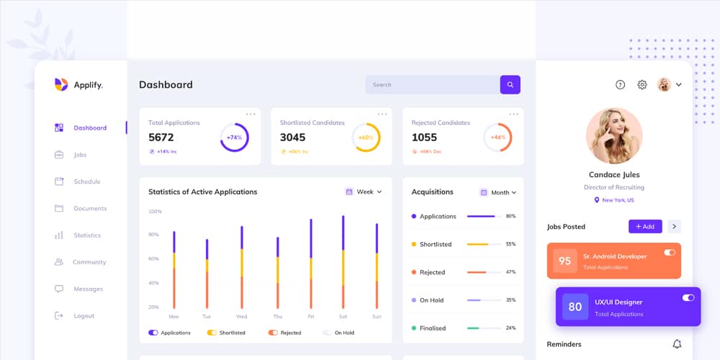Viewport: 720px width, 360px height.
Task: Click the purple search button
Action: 510,85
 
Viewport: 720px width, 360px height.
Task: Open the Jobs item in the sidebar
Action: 80,155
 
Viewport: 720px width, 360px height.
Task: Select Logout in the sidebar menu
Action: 84,316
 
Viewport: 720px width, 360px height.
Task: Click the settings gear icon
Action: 642,85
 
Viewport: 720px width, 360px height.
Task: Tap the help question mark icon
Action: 621,85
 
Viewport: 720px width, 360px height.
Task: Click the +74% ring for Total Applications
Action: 234,138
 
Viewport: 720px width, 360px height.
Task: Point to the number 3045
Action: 292,138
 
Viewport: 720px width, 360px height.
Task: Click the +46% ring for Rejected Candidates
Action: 498,138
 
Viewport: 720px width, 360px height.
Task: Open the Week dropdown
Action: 364,192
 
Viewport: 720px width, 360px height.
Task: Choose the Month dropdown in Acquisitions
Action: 499,193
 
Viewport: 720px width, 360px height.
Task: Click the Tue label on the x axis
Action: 207,317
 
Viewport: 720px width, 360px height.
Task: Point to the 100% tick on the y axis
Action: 155,212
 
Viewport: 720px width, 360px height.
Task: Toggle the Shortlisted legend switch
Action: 212,333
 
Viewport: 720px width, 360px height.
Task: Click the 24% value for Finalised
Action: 510,328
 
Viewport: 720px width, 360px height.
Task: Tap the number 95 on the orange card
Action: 564,261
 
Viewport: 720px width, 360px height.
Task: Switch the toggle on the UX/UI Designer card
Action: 688,297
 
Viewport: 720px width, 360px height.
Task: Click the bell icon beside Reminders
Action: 677,344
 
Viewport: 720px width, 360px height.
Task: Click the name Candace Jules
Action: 614,175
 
